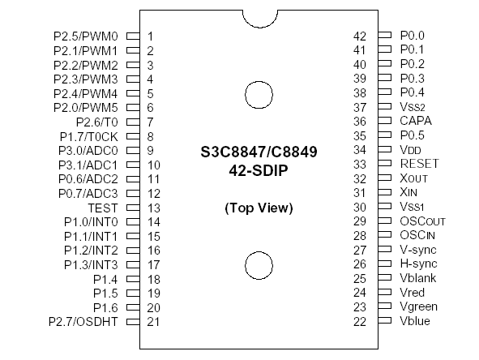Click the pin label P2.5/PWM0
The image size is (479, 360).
(86, 36)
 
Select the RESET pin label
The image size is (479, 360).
(419, 164)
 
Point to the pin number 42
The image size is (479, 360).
(361, 36)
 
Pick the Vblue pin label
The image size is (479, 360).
(415, 321)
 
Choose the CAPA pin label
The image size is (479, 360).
(417, 121)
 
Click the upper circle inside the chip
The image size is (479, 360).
(259, 92)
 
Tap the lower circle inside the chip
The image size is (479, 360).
(259, 265)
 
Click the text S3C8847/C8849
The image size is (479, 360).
(259, 152)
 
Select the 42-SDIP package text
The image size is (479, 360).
(259, 171)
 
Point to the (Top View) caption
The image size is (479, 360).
(259, 208)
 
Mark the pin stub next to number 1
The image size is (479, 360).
(132, 36)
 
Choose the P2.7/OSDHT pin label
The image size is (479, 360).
(84, 322)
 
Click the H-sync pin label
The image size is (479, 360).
(418, 264)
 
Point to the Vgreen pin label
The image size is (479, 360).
(418, 307)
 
